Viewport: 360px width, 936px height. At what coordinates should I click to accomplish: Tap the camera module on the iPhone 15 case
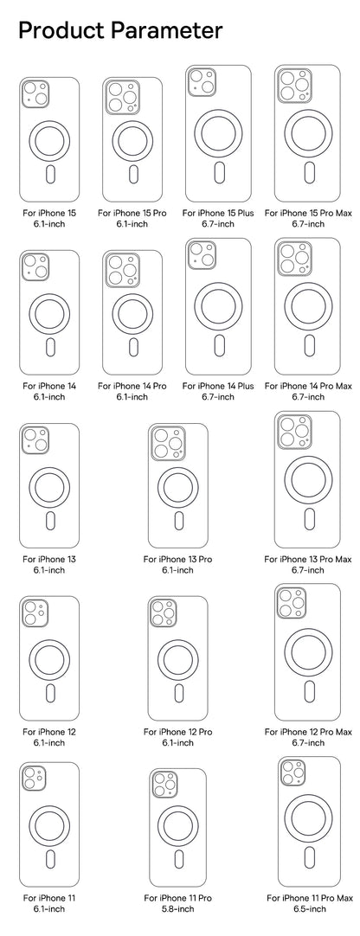point(35,93)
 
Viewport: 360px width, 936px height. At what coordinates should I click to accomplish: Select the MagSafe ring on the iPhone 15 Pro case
point(132,140)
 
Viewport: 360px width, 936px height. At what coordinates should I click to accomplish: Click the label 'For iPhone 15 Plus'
point(218,212)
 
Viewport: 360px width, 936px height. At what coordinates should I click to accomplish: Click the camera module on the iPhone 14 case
point(35,266)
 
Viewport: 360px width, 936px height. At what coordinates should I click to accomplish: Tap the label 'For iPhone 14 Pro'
point(132,385)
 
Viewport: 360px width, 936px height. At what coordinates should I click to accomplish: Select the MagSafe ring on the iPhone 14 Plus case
point(218,306)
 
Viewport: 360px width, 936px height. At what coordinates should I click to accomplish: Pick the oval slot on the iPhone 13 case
point(49,520)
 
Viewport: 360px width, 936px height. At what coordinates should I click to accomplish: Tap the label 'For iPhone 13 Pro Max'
point(308,559)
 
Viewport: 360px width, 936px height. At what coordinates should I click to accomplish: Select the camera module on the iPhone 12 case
point(35,612)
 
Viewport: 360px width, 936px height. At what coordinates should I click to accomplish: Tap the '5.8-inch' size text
point(177,909)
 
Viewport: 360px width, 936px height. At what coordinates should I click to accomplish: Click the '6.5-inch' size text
point(309,909)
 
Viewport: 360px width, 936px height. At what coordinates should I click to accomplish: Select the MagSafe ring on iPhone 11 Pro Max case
point(309,821)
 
